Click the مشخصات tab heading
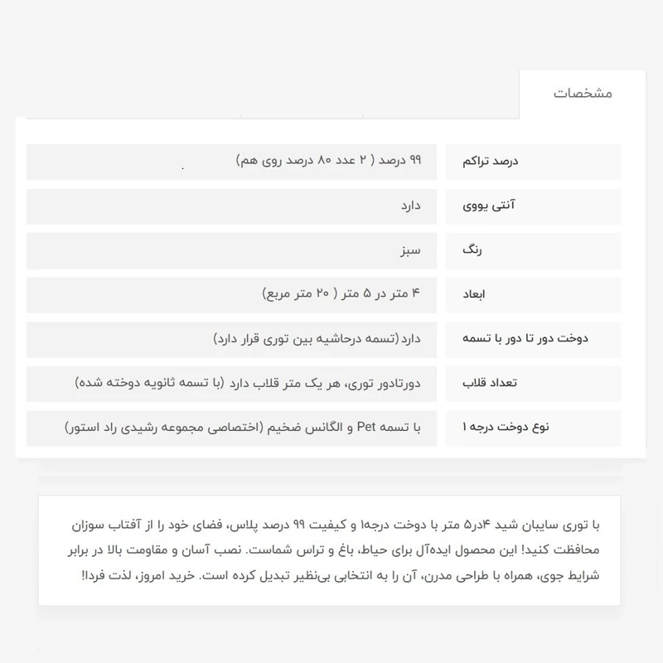(x=583, y=94)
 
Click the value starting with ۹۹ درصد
(x=329, y=160)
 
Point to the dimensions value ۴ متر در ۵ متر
(x=341, y=293)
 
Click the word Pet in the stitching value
(x=367, y=428)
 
